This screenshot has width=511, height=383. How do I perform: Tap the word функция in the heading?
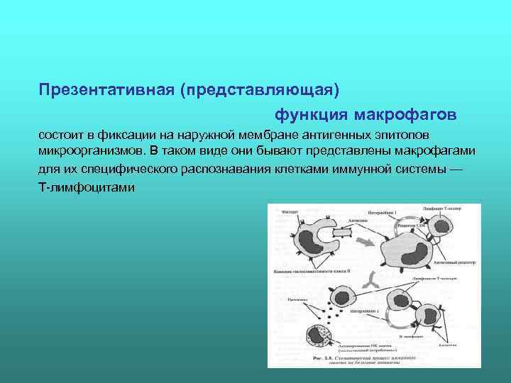click(311, 114)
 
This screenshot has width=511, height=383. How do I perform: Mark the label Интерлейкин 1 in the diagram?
click(387, 213)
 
